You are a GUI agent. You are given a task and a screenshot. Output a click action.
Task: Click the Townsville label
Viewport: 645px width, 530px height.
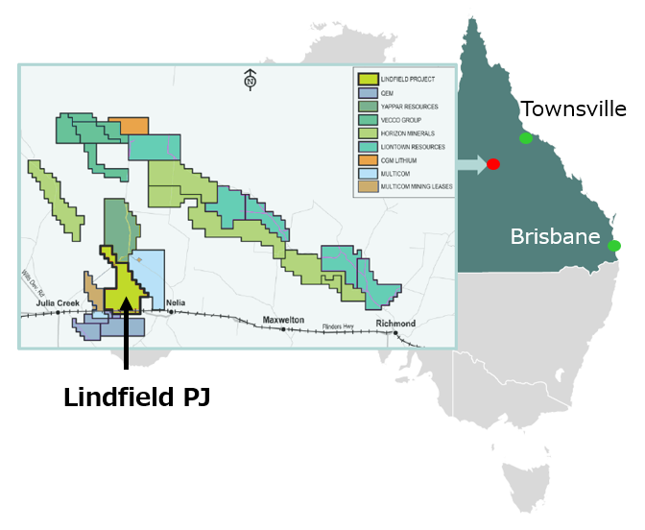573,109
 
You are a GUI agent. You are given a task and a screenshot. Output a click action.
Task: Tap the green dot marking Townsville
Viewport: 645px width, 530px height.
525,138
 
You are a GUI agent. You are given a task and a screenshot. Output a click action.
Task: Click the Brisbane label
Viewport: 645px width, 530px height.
556,236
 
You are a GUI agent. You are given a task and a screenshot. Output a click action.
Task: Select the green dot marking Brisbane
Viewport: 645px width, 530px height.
614,246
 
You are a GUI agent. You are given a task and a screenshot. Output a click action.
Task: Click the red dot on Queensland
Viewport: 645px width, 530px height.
493,164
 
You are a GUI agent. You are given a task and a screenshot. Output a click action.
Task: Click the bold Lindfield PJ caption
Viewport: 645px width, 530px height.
136,397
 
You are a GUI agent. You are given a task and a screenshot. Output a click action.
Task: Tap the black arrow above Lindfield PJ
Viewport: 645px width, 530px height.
126,341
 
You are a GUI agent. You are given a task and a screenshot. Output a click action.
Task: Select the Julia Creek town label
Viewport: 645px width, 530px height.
58,302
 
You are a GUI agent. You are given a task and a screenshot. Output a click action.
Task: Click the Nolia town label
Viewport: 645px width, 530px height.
175,302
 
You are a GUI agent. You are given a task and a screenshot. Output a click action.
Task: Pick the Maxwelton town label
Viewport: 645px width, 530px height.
283,320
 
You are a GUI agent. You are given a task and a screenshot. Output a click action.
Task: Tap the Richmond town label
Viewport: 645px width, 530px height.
395,324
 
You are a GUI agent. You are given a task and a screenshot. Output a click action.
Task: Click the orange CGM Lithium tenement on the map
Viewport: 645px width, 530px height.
129,126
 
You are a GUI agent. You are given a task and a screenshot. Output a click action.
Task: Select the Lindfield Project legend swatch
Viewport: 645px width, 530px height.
366,80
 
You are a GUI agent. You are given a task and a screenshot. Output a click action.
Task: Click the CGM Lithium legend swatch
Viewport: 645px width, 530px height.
366,160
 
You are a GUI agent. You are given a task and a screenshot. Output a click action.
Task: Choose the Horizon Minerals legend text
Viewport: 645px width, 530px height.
407,133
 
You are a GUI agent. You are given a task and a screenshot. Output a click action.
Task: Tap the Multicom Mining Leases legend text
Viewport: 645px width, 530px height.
416,187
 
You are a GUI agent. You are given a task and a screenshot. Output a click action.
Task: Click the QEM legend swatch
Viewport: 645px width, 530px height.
366,93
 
